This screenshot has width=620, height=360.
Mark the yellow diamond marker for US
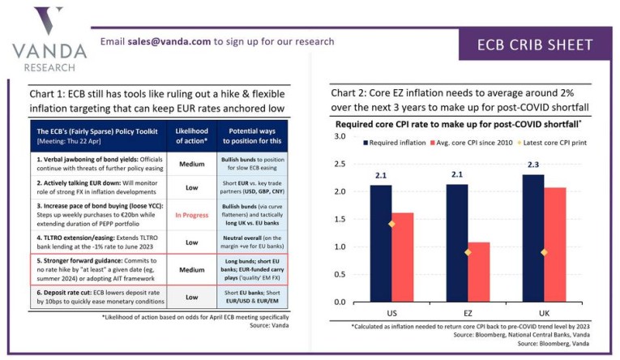(391, 225)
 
